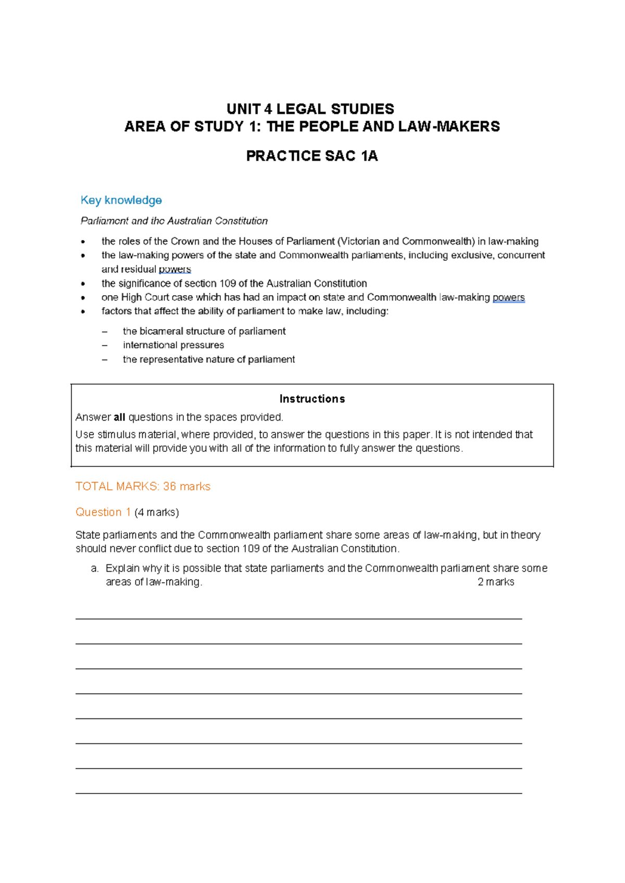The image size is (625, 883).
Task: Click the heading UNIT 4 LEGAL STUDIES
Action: point(310,109)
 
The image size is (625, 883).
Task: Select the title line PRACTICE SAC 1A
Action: point(311,156)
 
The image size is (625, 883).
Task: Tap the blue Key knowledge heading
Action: point(121,200)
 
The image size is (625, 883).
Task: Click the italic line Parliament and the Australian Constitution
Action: point(174,221)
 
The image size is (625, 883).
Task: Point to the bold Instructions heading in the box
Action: point(312,399)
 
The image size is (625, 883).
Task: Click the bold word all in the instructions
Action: point(119,418)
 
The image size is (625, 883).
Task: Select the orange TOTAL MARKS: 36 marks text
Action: point(143,487)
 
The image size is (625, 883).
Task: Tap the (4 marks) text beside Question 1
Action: point(157,513)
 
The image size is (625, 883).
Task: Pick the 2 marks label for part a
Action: point(495,583)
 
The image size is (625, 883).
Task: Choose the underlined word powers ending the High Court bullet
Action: point(508,298)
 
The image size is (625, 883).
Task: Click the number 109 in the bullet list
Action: point(228,284)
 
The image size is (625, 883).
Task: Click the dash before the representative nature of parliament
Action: point(105,360)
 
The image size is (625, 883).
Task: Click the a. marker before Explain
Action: point(94,569)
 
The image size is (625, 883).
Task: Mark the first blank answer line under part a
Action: point(298,619)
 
